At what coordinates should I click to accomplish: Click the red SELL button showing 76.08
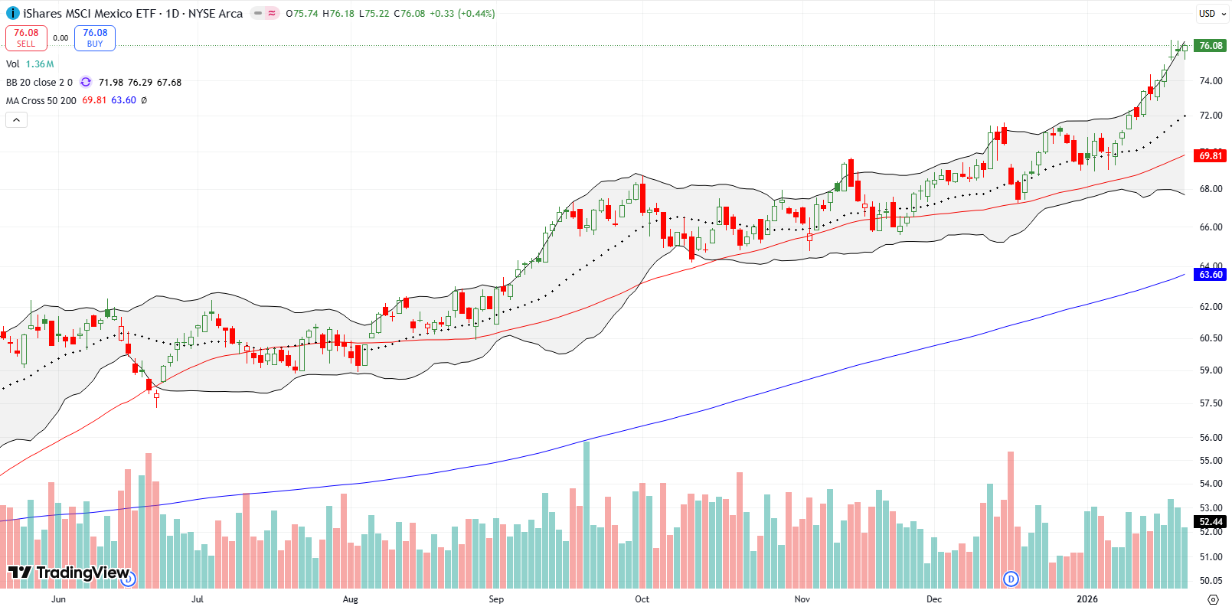click(x=26, y=38)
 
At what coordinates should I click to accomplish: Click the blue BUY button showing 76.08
click(x=95, y=38)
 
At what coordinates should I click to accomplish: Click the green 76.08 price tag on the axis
click(x=1211, y=46)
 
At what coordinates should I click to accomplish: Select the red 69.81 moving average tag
click(x=1211, y=155)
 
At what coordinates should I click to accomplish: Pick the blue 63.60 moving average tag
click(x=1211, y=274)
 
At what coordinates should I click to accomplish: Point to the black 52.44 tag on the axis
click(x=1211, y=521)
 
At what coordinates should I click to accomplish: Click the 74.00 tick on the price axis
click(x=1211, y=80)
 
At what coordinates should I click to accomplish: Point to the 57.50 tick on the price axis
click(x=1211, y=403)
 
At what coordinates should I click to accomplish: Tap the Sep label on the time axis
click(x=496, y=599)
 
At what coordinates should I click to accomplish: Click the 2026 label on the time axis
click(x=1087, y=599)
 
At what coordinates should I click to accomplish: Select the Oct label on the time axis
click(x=642, y=599)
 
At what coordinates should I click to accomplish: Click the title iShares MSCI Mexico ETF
click(x=90, y=13)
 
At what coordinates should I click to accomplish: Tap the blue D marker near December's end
click(x=1011, y=579)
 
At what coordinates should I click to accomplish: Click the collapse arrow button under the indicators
click(x=16, y=119)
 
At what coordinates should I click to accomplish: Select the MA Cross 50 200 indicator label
click(x=41, y=100)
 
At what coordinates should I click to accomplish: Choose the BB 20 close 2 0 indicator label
click(x=39, y=82)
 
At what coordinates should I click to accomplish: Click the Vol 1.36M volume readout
click(x=30, y=64)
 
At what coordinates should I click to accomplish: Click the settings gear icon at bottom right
click(x=1213, y=599)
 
